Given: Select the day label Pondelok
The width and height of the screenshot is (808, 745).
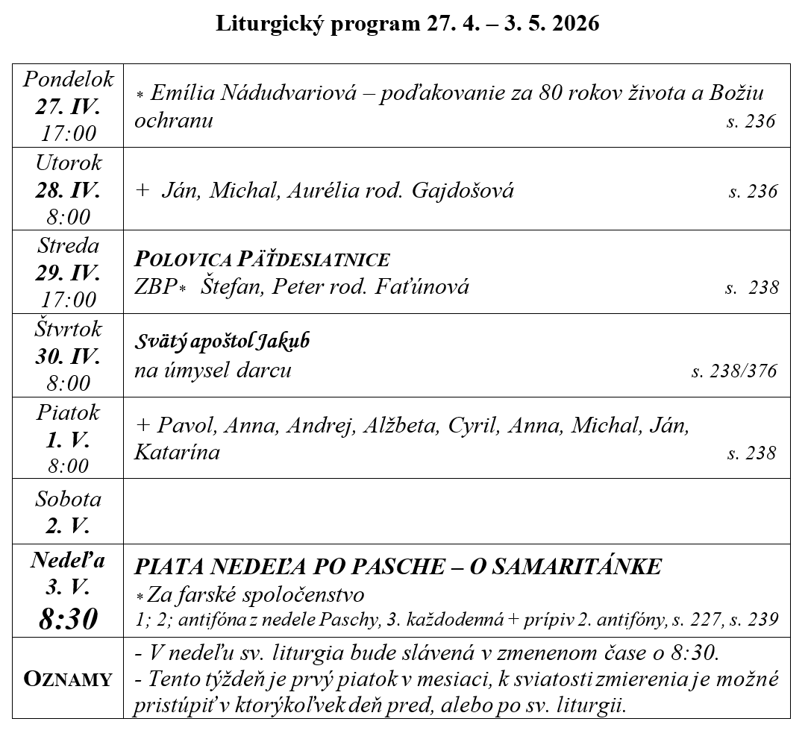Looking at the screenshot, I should [x=68, y=79].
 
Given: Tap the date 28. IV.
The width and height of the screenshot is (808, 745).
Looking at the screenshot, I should [x=68, y=189].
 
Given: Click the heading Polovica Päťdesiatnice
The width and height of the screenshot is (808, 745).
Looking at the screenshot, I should [x=262, y=259].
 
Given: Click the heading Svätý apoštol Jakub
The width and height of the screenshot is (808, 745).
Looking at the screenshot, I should [x=222, y=342].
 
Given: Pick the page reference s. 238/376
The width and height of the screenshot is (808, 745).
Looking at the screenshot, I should [x=734, y=371].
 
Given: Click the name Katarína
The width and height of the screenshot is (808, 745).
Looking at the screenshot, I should [x=177, y=452].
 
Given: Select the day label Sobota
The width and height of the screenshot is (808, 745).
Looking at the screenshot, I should [x=68, y=499].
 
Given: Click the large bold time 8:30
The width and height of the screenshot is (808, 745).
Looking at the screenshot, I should [x=68, y=619].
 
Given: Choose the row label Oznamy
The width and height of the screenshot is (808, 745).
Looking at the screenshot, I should [x=68, y=679].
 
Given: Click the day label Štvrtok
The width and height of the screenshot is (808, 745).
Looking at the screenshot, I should [x=68, y=328].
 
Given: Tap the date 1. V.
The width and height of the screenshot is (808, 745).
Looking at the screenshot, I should [x=68, y=439].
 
